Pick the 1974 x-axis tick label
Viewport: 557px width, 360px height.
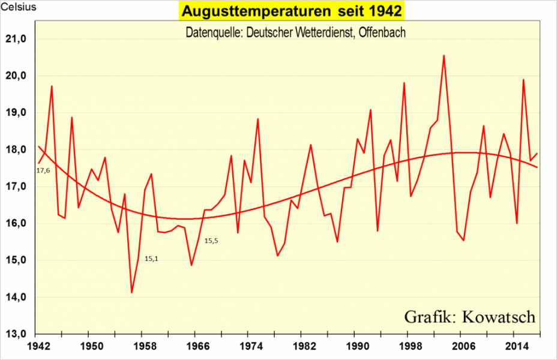250,347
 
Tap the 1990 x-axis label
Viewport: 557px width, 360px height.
356,347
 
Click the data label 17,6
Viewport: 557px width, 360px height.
43,171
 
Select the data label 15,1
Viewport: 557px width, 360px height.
151,259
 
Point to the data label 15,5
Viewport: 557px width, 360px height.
211,241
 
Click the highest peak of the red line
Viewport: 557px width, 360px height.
444,56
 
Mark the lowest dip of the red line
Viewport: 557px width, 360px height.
131,293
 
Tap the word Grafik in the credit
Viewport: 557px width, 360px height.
428,316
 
